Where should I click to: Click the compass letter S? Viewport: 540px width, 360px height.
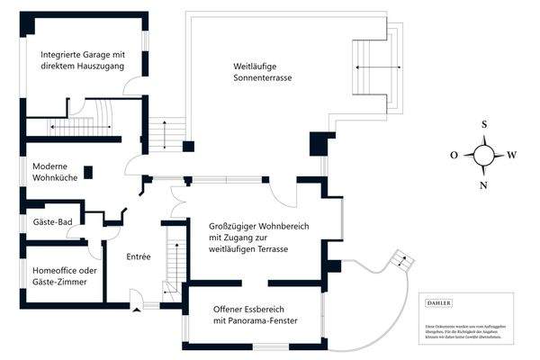pyautogui.click(x=483, y=125)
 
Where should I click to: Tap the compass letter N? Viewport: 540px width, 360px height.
pyautogui.click(x=483, y=185)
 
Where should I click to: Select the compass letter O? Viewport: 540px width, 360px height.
pyautogui.click(x=454, y=155)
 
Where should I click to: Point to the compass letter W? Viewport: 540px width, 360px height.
pyautogui.click(x=513, y=155)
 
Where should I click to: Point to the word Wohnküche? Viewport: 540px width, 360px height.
pyautogui.click(x=55, y=179)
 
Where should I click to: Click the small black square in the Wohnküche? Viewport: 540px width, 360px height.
pyautogui.click(x=89, y=172)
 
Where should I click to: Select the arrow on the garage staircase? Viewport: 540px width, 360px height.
pyautogui.click(x=81, y=128)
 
